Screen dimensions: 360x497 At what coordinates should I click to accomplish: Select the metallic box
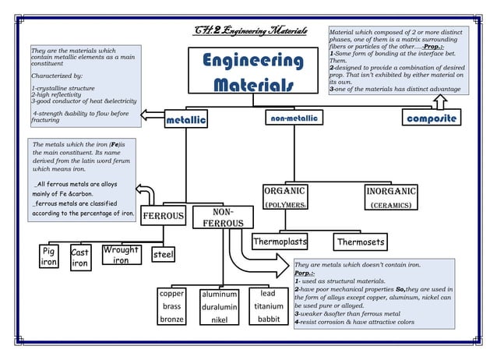click(186, 120)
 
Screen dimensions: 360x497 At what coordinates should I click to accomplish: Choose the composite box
click(430, 118)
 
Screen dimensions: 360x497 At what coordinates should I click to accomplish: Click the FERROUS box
click(163, 215)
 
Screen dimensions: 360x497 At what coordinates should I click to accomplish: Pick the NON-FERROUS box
click(219, 218)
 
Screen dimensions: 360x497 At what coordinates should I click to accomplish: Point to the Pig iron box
click(48, 257)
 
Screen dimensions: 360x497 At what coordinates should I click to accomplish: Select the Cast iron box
click(79, 259)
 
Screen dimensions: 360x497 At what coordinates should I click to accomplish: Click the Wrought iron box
click(121, 255)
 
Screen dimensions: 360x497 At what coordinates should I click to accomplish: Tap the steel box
click(163, 255)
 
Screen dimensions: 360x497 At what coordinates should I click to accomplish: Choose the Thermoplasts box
click(280, 242)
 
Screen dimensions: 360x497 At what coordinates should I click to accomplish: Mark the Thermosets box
click(361, 242)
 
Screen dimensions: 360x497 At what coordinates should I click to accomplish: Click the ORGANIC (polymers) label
click(285, 197)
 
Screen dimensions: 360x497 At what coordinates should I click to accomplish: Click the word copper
click(171, 295)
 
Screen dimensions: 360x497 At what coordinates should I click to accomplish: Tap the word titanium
click(268, 307)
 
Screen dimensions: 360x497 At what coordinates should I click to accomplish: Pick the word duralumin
click(219, 308)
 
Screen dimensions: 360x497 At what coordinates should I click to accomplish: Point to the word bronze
click(171, 319)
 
